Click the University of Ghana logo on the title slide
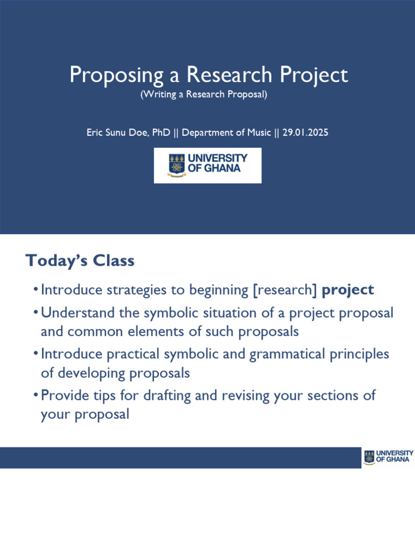[207, 165]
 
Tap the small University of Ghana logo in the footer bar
[388, 457]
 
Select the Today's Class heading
[80, 261]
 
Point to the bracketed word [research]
[285, 290]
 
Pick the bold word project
[347, 290]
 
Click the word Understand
[76, 313]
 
